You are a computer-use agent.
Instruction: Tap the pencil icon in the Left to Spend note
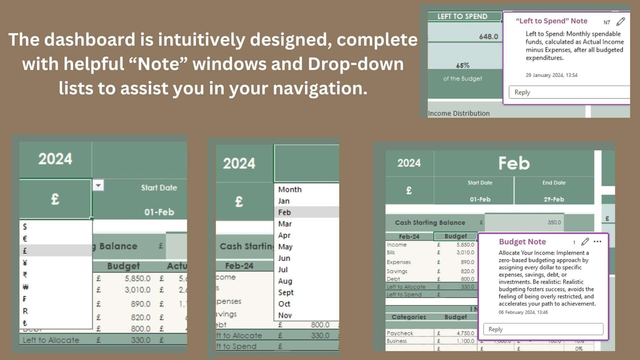[x=621, y=22]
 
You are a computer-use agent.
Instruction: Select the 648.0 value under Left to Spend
[x=489, y=36]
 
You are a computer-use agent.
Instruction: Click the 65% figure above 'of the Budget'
[x=462, y=65]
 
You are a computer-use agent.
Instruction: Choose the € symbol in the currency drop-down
[x=25, y=239]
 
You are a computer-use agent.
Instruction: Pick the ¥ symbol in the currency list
[x=25, y=263]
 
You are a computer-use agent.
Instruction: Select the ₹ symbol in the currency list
[x=25, y=275]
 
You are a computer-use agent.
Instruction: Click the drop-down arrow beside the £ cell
[x=98, y=186]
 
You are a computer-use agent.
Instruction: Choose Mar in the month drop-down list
[x=285, y=224]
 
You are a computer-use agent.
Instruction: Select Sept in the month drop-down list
[x=286, y=292]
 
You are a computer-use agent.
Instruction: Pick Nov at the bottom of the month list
[x=285, y=315]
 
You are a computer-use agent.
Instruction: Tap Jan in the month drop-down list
[x=284, y=201]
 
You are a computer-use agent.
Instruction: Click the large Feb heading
[x=514, y=163]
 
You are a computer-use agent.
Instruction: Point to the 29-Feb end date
[x=554, y=199]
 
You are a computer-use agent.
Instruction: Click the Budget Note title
[x=522, y=242]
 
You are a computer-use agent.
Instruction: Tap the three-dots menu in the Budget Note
[x=597, y=242]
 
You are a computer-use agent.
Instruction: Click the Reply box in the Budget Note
[x=543, y=329]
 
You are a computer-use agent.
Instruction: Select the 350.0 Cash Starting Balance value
[x=554, y=222]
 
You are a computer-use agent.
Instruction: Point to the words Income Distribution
[x=459, y=113]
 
